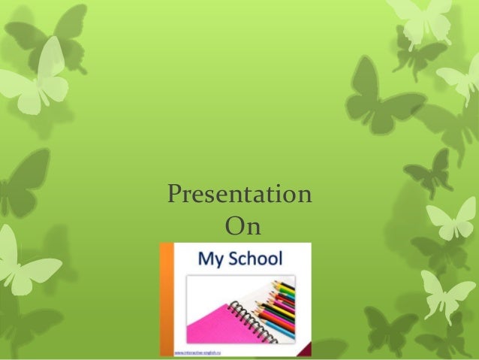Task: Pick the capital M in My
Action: [205, 260]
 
